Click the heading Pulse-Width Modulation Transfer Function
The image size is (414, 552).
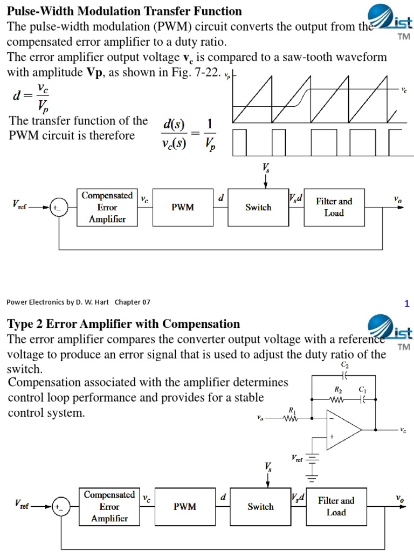click(124, 11)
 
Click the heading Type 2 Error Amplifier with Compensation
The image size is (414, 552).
click(123, 323)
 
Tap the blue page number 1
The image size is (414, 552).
click(407, 303)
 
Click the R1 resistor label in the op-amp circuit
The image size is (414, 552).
click(292, 410)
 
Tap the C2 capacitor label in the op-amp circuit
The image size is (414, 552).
click(344, 365)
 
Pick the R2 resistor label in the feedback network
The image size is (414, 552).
click(339, 389)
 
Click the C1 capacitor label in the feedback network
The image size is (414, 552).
click(362, 389)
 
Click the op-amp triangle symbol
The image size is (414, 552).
click(342, 429)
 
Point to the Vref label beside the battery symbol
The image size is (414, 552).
click(297, 458)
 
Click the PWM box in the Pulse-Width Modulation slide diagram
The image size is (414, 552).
click(183, 207)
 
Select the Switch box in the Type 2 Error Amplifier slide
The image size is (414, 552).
click(260, 506)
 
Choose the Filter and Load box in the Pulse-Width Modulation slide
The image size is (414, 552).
click(334, 207)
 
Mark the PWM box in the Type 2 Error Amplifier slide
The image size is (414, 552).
click(184, 506)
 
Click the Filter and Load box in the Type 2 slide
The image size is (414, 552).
click(336, 506)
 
